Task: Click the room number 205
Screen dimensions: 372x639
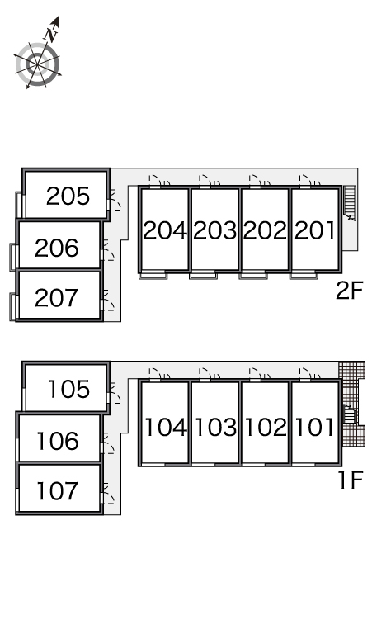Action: [x=68, y=196]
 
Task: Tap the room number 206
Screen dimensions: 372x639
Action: [x=57, y=248]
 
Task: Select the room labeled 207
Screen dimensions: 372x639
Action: [x=57, y=298]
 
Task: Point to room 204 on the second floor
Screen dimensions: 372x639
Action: [x=165, y=230]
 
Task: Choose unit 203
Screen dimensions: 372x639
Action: [x=215, y=230]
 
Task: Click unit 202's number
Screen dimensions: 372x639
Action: [x=265, y=230]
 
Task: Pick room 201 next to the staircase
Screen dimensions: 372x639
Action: [x=315, y=230]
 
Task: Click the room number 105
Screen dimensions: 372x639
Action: [x=69, y=389]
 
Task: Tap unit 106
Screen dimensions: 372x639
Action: [x=58, y=442]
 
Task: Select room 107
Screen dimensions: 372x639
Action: [x=58, y=491]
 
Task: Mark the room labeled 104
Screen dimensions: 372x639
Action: [x=166, y=428]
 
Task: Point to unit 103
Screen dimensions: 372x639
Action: [x=216, y=428]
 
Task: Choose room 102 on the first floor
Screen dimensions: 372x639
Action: [x=266, y=428]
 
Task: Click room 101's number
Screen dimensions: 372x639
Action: [x=314, y=428]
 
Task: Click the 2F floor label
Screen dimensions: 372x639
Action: [x=349, y=291]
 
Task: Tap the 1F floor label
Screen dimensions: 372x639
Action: [x=351, y=480]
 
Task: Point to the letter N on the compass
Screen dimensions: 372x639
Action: [x=51, y=34]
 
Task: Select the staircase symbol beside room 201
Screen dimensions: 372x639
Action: [x=350, y=203]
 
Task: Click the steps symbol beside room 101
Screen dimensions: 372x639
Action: [x=349, y=415]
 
